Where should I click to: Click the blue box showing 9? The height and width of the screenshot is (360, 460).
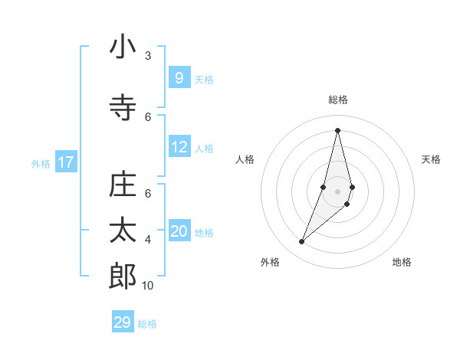coord(179,78)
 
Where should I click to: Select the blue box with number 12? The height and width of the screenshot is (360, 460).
coord(179,147)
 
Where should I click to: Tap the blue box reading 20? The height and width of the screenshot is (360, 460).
coord(179,231)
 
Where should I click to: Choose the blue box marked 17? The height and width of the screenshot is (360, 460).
coord(66,162)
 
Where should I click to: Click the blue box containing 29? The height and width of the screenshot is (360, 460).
coord(123,322)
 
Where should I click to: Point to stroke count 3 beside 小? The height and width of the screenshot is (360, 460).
coord(148,56)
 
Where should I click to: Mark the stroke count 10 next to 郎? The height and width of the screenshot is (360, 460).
coord(148,286)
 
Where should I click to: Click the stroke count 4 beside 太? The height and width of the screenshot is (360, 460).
coord(148,240)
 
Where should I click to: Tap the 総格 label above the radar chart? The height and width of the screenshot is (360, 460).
coord(338,100)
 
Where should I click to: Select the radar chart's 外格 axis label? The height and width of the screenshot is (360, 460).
coord(270,262)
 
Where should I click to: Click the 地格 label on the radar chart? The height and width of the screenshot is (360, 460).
coord(402,262)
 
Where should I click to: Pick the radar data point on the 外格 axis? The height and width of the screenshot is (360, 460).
coord(302,242)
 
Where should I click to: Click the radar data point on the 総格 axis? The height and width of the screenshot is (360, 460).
coord(338,130)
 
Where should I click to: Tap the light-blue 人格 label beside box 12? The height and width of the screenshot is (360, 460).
coord(204,148)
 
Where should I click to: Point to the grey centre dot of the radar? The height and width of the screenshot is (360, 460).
coord(338,191)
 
